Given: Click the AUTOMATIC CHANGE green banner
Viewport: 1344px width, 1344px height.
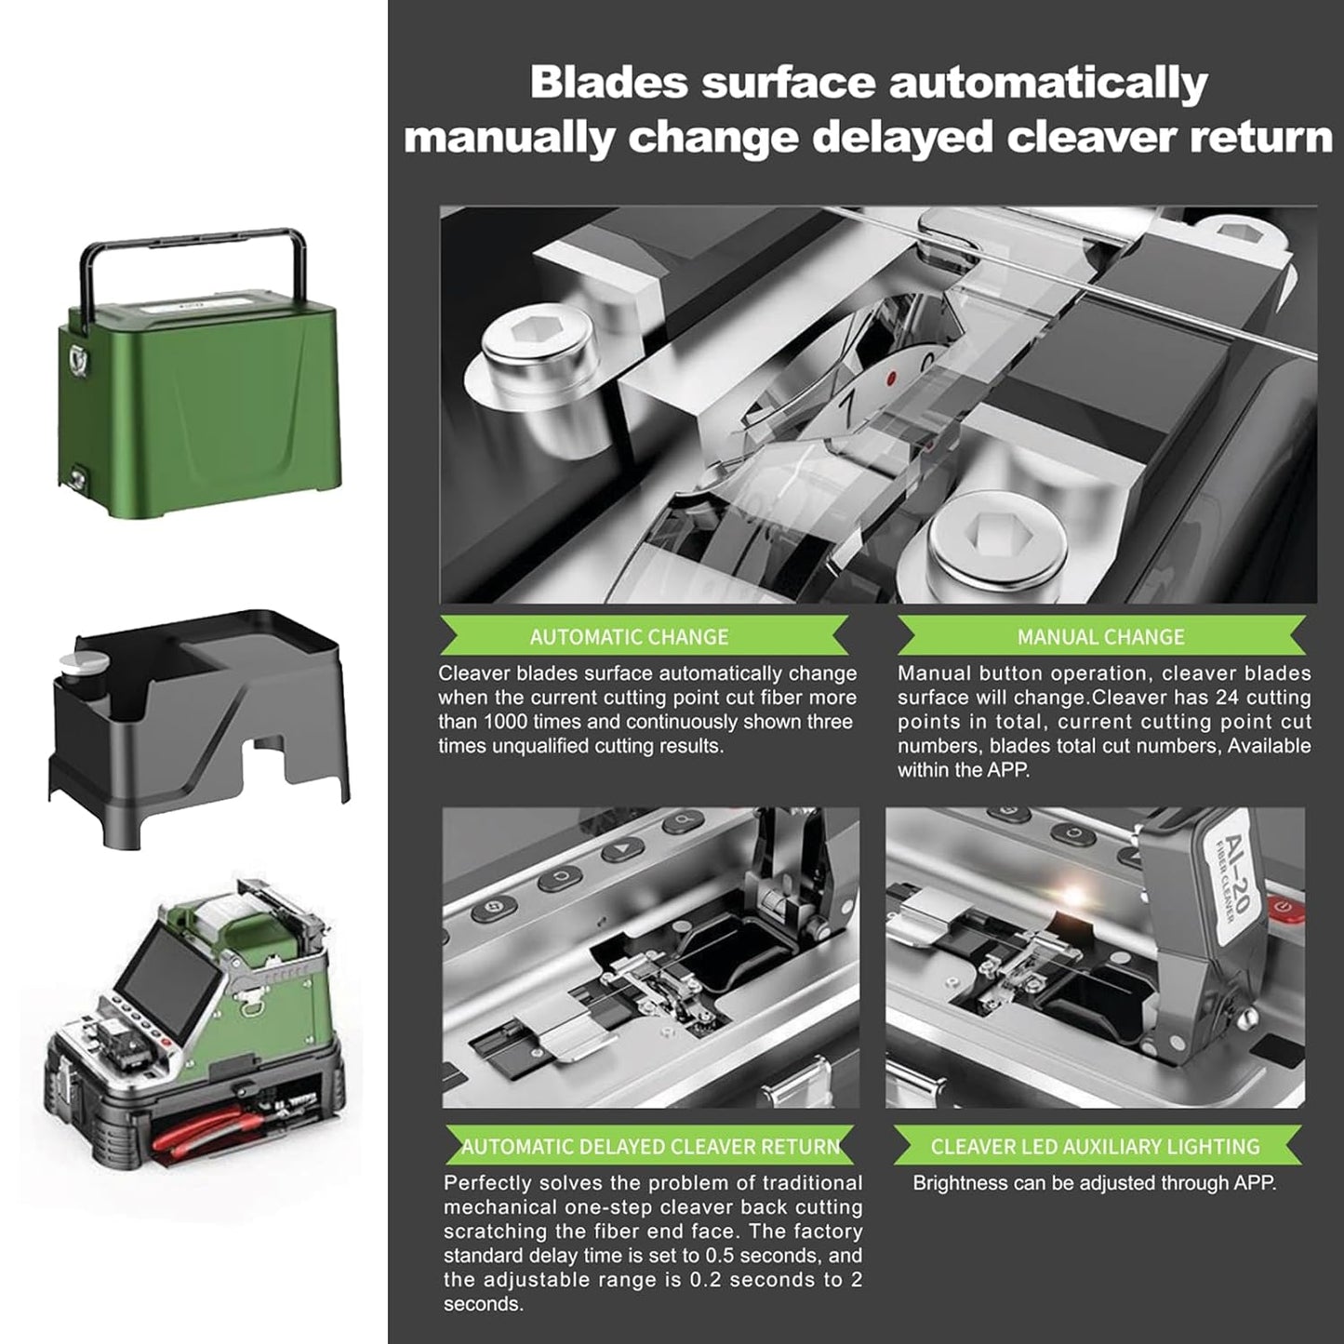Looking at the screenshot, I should [642, 637].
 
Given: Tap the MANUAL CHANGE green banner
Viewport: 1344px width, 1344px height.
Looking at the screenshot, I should [1100, 637].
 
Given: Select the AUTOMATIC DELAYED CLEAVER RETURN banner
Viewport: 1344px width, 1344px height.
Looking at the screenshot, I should [650, 1147].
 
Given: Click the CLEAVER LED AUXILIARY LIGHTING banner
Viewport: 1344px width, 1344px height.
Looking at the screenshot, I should [1096, 1147].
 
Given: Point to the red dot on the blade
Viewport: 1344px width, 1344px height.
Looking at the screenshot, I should [891, 379].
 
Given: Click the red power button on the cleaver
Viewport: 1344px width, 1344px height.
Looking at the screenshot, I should [1284, 906].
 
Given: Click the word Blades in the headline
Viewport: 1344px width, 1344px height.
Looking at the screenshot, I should [607, 82].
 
